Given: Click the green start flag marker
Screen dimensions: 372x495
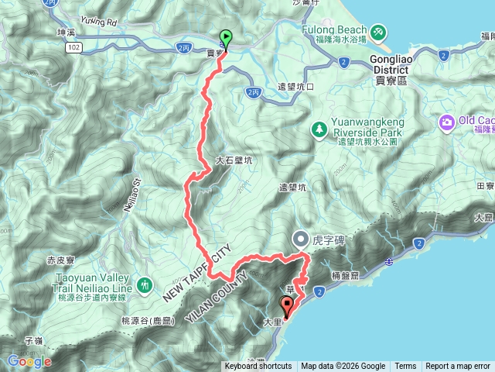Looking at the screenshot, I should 225,36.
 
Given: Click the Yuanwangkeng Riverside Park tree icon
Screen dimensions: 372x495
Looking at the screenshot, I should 318,127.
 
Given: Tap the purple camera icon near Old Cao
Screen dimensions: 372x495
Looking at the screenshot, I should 447,121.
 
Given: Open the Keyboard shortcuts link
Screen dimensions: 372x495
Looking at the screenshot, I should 258,367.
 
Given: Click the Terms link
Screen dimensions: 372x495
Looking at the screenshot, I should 405,367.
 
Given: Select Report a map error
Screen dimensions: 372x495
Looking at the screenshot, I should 458,367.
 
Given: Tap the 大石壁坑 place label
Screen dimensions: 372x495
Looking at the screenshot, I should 234,160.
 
